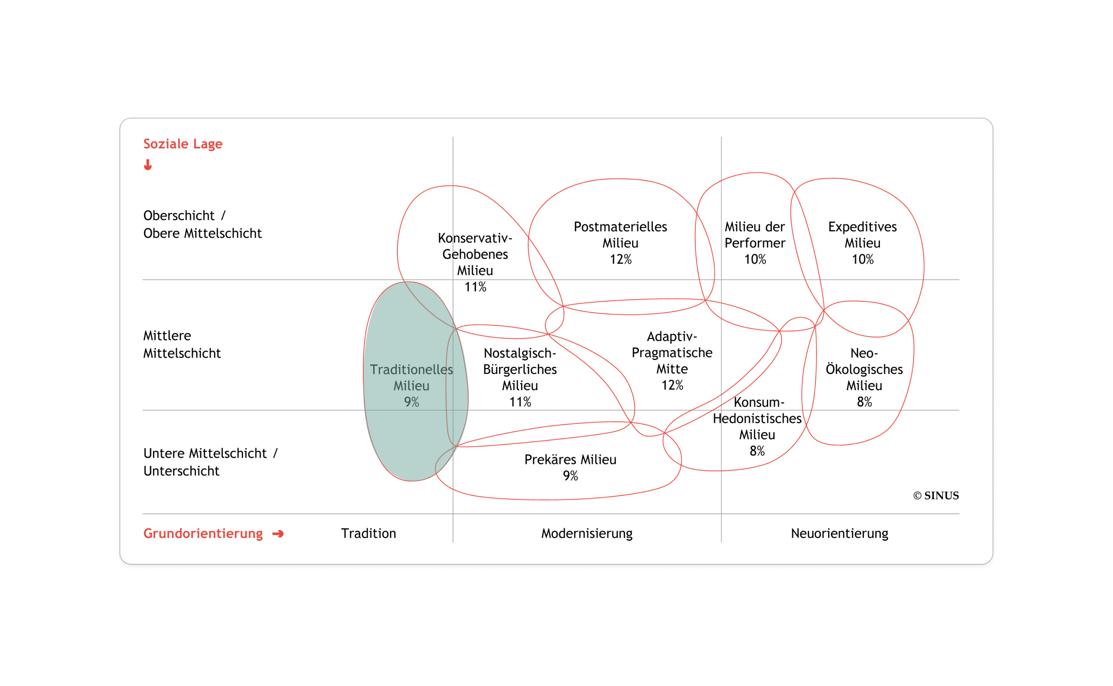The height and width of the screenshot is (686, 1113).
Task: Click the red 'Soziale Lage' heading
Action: coord(182,144)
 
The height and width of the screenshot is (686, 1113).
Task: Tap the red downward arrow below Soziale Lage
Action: coord(147,165)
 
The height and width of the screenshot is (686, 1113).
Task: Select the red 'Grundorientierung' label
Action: coord(203,533)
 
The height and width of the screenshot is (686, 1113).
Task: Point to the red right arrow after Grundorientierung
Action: coord(277,533)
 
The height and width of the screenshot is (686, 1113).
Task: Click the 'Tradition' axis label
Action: coord(369,533)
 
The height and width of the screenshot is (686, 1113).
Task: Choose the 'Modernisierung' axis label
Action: coord(587,533)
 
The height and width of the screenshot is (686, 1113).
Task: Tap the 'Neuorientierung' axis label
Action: coord(840,533)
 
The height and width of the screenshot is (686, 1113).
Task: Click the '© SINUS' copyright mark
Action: coord(936,496)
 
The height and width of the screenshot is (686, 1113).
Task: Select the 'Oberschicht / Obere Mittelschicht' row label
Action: coord(202,224)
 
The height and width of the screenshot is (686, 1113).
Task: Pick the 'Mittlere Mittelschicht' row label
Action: coord(182,344)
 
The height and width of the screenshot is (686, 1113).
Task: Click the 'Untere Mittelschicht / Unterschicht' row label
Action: coord(211,462)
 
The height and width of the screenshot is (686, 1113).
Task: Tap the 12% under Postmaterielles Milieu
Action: coord(620,259)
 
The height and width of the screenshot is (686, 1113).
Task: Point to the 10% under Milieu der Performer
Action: coord(755,259)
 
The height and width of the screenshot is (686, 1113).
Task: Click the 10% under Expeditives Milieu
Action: coord(862,259)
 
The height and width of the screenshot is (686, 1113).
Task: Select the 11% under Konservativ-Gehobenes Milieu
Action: coord(475,287)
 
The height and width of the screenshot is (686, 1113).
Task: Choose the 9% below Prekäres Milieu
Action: coord(570,475)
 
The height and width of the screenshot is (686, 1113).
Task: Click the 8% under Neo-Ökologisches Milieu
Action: coord(864,401)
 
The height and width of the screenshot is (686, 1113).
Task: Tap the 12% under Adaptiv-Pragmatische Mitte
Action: coord(672,385)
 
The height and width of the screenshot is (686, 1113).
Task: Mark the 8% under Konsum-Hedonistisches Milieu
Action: coord(757,451)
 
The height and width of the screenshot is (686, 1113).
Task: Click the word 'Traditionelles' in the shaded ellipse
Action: coord(411,369)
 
